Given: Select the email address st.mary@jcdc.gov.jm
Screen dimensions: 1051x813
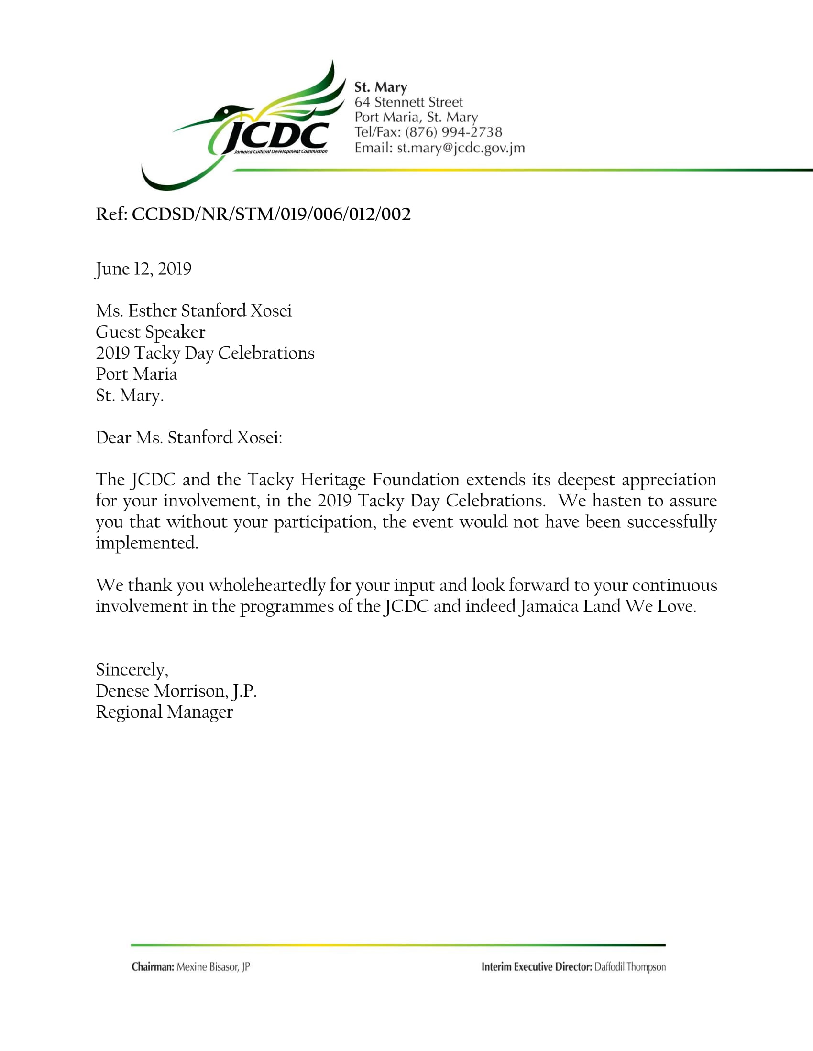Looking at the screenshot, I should (x=461, y=148).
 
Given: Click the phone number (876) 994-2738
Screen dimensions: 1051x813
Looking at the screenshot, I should (x=453, y=132).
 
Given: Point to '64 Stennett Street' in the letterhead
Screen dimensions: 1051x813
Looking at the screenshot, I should (x=408, y=102).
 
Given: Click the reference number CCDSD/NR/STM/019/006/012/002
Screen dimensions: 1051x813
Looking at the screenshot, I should (x=271, y=214).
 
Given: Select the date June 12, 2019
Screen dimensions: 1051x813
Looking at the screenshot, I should (x=143, y=268).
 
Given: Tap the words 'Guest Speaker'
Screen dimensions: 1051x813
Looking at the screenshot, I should (x=150, y=332).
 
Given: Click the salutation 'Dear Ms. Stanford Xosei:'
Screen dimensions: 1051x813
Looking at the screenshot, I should (x=189, y=438).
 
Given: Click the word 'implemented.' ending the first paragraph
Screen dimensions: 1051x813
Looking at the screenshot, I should (x=147, y=543).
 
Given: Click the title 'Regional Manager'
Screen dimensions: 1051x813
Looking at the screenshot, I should (x=164, y=712).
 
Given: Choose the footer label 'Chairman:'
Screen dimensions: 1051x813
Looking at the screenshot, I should (x=153, y=967).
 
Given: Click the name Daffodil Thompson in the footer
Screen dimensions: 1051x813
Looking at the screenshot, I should (x=630, y=967).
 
